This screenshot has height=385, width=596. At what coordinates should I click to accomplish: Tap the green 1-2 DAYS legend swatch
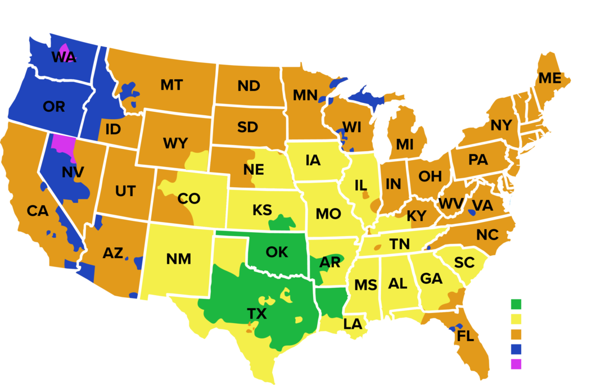[517, 305]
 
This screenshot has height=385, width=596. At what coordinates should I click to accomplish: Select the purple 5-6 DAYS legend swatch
[517, 364]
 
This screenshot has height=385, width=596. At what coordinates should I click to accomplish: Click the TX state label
[257, 314]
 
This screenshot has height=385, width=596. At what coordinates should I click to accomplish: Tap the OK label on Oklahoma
[277, 252]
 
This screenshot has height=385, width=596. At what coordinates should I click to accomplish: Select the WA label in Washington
[64, 57]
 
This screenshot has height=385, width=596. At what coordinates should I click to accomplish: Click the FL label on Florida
[466, 337]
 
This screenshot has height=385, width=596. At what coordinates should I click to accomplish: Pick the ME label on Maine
[550, 79]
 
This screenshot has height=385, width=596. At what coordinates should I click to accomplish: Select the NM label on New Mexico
[179, 259]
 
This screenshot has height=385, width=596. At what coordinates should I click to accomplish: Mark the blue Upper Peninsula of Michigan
[365, 97]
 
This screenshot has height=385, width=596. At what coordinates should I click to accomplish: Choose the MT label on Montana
[171, 85]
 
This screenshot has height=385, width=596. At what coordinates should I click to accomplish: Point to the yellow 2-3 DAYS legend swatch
[517, 320]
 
